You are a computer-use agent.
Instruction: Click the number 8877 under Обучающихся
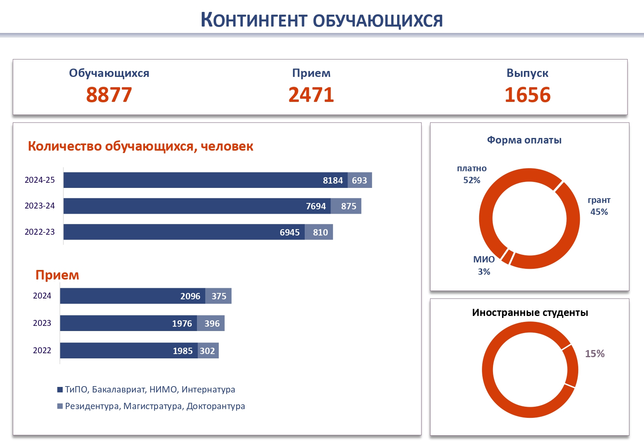[109, 95]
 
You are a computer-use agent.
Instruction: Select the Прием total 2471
[311, 95]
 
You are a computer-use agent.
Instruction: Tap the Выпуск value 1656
[527, 95]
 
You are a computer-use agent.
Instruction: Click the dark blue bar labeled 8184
[205, 180]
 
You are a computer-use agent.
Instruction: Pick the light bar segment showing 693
[360, 180]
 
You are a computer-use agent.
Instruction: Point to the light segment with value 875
[346, 206]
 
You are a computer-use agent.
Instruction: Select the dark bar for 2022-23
[184, 232]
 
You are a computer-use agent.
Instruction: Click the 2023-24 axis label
[40, 206]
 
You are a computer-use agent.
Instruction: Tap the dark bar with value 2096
[132, 296]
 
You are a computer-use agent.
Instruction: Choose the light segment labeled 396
[211, 323]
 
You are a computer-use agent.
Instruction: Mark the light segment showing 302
[208, 350]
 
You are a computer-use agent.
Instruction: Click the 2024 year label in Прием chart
[42, 296]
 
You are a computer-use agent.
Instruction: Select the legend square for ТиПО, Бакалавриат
[60, 390]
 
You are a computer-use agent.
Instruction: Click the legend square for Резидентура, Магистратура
[60, 406]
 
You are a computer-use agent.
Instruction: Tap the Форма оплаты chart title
[524, 140]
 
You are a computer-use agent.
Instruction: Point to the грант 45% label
[599, 206]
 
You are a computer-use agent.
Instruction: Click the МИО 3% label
[484, 265]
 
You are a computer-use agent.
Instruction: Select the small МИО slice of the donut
[507, 256]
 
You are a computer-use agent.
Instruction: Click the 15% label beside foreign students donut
[594, 354]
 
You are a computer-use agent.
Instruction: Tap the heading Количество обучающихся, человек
[140, 146]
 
